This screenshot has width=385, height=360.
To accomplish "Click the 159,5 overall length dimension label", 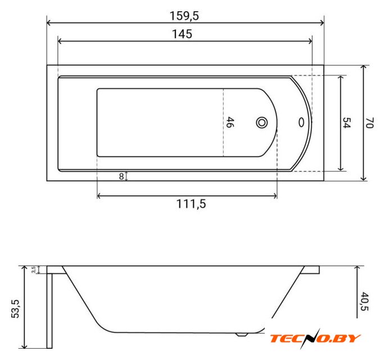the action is (x=184, y=16).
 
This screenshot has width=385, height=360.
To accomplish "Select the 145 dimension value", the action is (x=182, y=34).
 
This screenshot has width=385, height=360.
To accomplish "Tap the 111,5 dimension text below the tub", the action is (x=191, y=204).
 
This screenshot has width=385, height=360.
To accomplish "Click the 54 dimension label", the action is (x=347, y=123).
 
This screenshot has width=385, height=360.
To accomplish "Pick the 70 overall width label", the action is (x=370, y=123).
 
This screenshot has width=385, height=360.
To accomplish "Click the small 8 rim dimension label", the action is (x=121, y=177).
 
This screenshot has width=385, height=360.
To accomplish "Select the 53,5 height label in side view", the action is (x=15, y=309).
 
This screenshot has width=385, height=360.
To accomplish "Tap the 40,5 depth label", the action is (x=364, y=301).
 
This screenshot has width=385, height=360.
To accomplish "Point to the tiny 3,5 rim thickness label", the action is (x=34, y=269).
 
